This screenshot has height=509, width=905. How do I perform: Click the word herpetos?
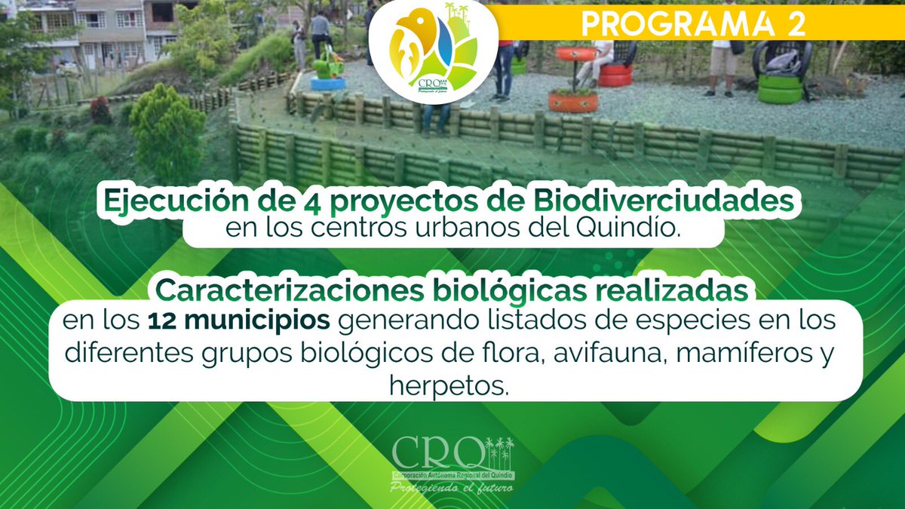click(x=449, y=386)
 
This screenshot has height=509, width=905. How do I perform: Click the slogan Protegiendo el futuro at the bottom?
click(x=451, y=488)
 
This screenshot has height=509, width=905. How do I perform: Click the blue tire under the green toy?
click(x=327, y=83)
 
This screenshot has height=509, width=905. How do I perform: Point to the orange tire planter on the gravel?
click(x=572, y=100)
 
